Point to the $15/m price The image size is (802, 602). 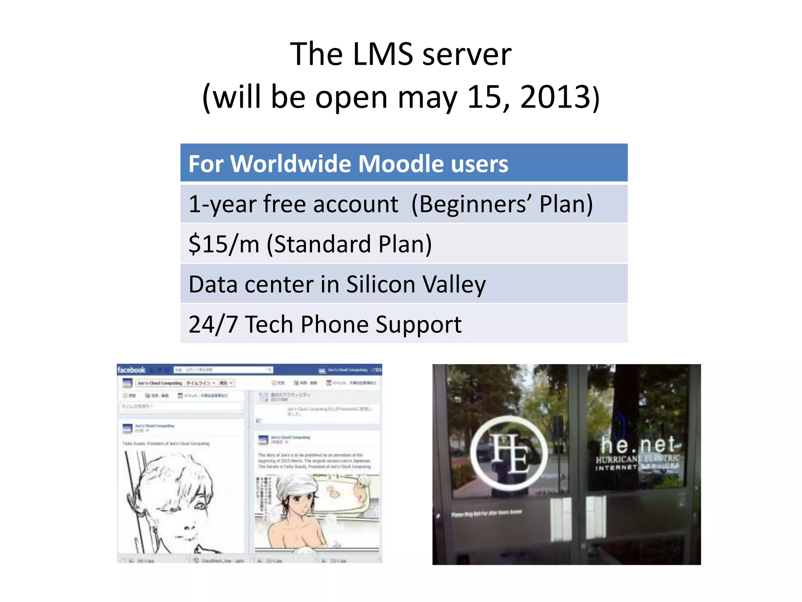click(224, 244)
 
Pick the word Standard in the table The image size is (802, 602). click(322, 244)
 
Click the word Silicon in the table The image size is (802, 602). click(380, 284)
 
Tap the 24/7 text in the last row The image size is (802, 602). click(213, 325)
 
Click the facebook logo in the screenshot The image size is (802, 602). click(131, 370)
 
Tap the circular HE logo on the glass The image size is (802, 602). click(509, 453)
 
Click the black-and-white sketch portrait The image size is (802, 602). click(172, 502)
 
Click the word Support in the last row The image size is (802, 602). click(419, 325)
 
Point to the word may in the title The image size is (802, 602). click(427, 97)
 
